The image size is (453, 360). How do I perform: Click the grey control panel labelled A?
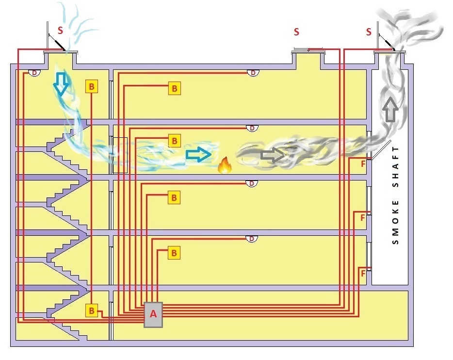point(153,314)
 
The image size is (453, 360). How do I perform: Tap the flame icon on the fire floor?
point(224,166)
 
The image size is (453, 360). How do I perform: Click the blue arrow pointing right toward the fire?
point(198,154)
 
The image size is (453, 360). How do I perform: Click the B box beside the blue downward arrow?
point(92,87)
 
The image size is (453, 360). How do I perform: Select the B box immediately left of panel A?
point(92,310)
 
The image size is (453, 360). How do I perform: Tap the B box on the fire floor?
point(174,141)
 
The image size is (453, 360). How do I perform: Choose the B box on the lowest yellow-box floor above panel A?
point(174,252)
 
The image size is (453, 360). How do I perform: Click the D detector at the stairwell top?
point(34,73)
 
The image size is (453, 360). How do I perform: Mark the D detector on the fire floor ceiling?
point(251,128)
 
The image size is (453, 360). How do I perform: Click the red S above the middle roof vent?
point(296,32)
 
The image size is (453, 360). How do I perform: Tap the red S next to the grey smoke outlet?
point(369,32)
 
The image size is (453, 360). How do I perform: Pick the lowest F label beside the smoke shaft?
point(363,274)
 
